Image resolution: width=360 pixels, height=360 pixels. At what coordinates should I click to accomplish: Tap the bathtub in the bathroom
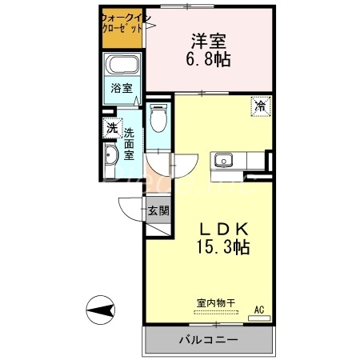124,66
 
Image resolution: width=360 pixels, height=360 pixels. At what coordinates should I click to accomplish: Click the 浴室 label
122,89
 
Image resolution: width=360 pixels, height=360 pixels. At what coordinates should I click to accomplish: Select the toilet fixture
158,118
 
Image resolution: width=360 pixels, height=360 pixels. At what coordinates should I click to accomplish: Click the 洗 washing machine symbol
110,127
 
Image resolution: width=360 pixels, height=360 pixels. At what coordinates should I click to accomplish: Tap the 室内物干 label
215,303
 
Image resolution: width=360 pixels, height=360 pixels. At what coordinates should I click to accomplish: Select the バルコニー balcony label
207,339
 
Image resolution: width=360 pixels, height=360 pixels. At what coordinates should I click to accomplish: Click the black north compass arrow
103,309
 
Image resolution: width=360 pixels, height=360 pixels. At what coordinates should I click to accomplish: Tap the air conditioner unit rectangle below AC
259,317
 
